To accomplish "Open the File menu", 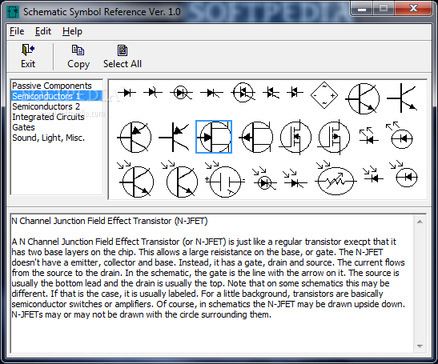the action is click(x=17, y=31).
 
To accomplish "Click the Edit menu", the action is click(x=43, y=31).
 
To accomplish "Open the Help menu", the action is click(x=72, y=31).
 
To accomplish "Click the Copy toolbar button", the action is click(x=78, y=56).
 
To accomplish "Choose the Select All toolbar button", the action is click(x=123, y=56).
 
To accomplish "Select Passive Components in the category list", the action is click(x=52, y=86).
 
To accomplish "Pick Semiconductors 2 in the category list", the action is click(x=46, y=106).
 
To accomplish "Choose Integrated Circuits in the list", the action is click(x=48, y=117).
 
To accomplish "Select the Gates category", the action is click(x=23, y=127).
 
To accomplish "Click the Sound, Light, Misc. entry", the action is click(x=48, y=138).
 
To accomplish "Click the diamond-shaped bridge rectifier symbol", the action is click(x=324, y=95).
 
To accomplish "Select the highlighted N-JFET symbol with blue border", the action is click(x=214, y=137).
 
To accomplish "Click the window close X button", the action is click(x=413, y=8).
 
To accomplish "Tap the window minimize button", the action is click(x=362, y=9).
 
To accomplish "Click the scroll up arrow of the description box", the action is click(x=420, y=222).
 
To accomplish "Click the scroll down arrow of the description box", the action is click(x=420, y=346).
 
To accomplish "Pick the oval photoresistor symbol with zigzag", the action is click(x=336, y=181).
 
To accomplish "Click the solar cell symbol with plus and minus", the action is click(x=225, y=181).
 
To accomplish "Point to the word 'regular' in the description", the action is click(x=288, y=242).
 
